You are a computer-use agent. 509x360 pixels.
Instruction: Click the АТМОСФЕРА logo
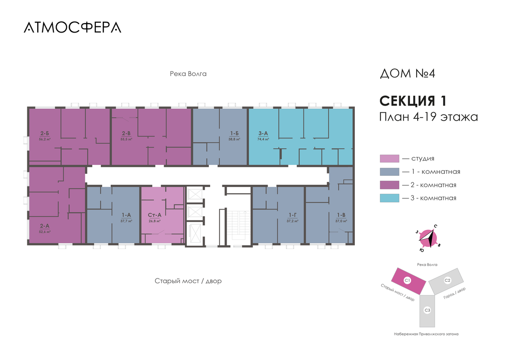[x=72, y=27]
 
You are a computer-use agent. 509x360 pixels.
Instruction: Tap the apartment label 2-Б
[x=45, y=134]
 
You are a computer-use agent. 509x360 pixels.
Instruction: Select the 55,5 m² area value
[x=126, y=139]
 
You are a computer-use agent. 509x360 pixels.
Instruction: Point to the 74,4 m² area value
[x=263, y=139]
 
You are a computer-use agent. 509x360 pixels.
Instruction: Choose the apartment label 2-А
[x=45, y=226]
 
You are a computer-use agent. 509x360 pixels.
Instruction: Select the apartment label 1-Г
[x=293, y=215]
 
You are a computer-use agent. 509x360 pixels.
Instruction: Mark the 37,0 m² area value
[x=341, y=221]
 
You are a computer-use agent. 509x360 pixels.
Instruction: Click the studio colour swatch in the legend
[x=389, y=159]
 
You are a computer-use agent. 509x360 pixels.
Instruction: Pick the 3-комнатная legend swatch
[x=389, y=198]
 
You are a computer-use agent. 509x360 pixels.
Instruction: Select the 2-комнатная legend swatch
[x=389, y=185]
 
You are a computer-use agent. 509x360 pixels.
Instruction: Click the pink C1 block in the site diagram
[x=408, y=280]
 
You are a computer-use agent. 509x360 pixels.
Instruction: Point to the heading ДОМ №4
[x=410, y=74]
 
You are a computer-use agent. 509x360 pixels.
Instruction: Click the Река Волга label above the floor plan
[x=188, y=74]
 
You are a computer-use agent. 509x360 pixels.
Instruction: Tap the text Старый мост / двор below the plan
[x=188, y=281]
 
